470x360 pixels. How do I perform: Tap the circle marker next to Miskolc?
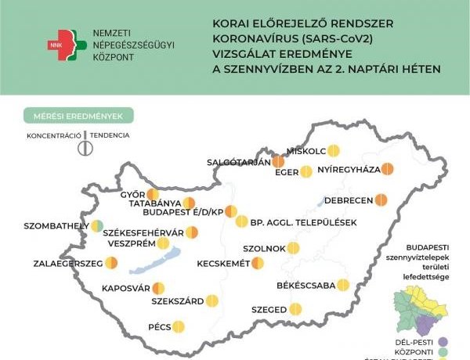point(333,150)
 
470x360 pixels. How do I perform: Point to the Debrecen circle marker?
point(380,200)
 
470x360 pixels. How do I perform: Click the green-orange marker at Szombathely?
point(96,226)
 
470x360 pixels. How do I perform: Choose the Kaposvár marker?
point(158,288)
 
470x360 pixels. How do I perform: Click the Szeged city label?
point(269,310)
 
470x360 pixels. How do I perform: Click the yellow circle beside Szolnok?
point(293,248)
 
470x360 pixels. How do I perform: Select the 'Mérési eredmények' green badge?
point(78,117)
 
